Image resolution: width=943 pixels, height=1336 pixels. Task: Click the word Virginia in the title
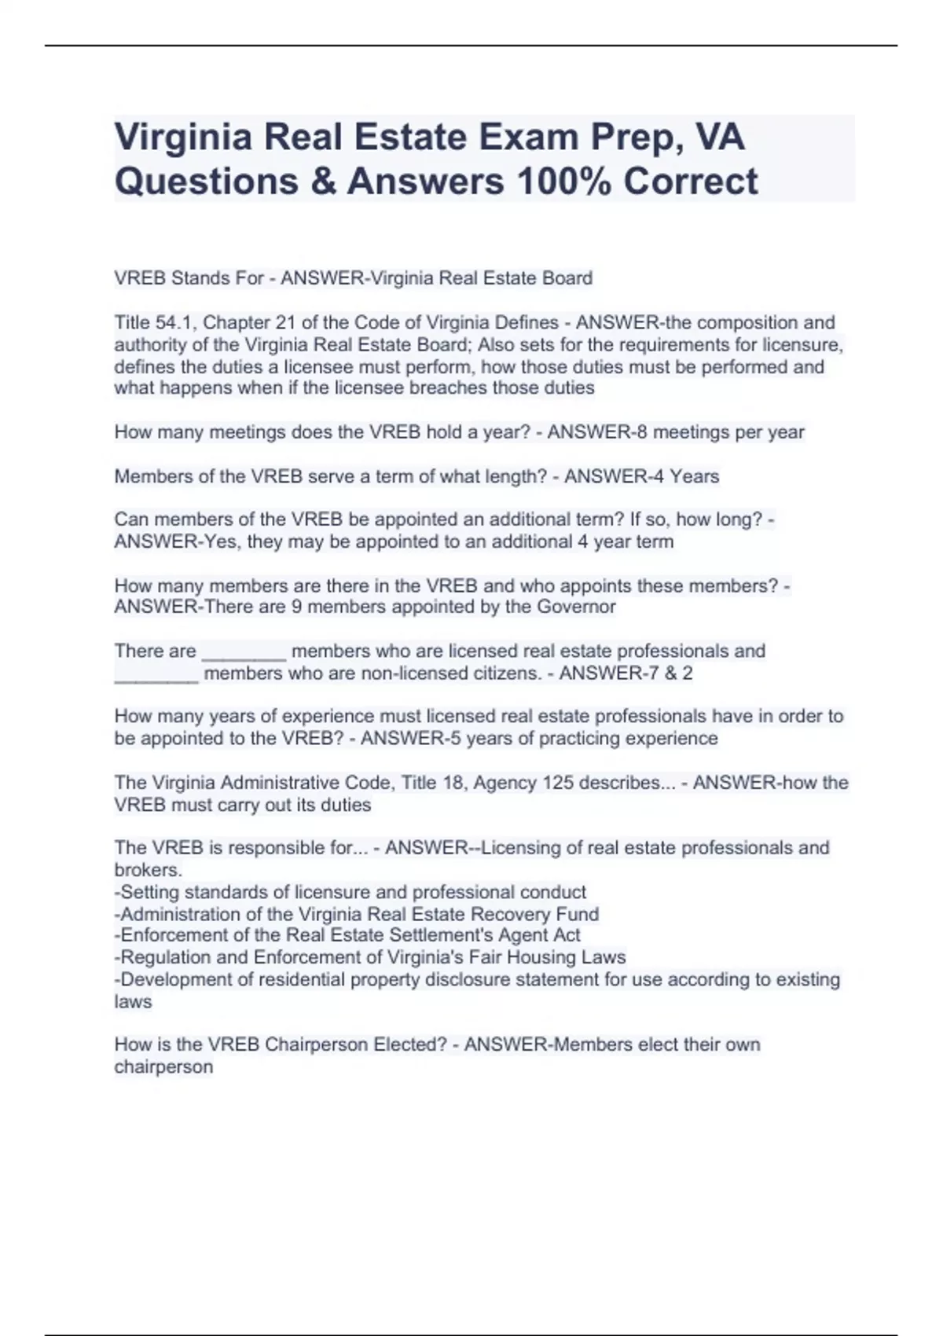[183, 138]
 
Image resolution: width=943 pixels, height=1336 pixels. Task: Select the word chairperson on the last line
[163, 1066]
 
